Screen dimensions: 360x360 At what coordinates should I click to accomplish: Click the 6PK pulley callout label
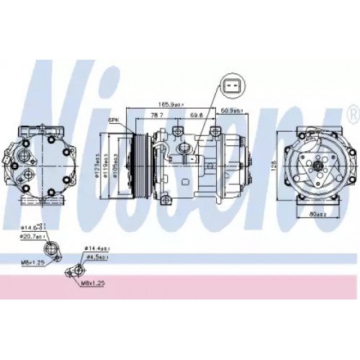(113, 120)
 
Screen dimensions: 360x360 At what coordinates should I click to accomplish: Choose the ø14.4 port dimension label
(98, 248)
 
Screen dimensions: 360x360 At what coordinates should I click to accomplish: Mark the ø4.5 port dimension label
(98, 256)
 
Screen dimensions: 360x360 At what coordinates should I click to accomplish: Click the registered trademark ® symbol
(352, 114)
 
